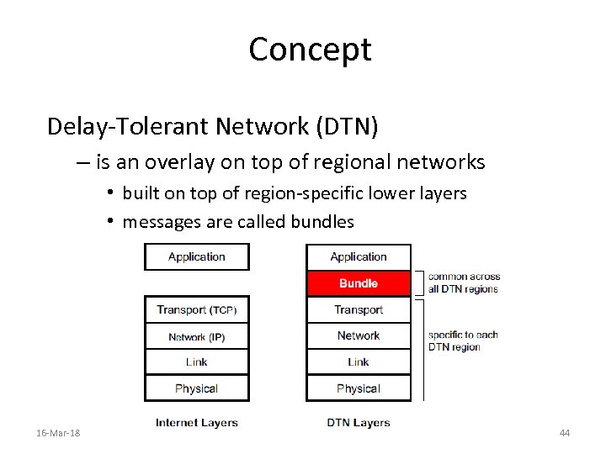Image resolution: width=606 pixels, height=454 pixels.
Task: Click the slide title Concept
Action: click(310, 50)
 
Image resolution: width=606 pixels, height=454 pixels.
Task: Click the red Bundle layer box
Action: click(359, 283)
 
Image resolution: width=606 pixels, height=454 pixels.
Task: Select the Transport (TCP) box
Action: click(197, 310)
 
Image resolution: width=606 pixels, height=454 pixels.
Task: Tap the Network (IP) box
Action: click(197, 336)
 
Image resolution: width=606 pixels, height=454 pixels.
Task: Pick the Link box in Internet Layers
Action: click(197, 362)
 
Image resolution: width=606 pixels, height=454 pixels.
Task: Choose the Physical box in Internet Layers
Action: click(197, 388)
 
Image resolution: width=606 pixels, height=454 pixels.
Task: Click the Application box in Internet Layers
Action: click(197, 257)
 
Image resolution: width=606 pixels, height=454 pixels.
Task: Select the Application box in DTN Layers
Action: click(359, 257)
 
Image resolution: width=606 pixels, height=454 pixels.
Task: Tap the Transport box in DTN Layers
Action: click(359, 310)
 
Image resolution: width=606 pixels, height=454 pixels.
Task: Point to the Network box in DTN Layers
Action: click(359, 336)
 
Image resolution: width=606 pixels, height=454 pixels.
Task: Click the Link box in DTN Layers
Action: click(359, 362)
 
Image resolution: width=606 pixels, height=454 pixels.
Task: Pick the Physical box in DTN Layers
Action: click(359, 388)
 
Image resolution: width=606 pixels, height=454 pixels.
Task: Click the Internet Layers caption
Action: click(197, 423)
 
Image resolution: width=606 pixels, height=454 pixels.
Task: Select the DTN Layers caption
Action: click(359, 423)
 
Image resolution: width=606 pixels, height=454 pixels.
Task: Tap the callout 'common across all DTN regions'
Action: click(464, 282)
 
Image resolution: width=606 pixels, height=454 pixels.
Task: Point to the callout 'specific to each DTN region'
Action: click(463, 340)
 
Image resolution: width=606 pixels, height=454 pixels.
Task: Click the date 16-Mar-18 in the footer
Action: click(59, 433)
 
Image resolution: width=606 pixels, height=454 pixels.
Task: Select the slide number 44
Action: click(564, 433)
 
